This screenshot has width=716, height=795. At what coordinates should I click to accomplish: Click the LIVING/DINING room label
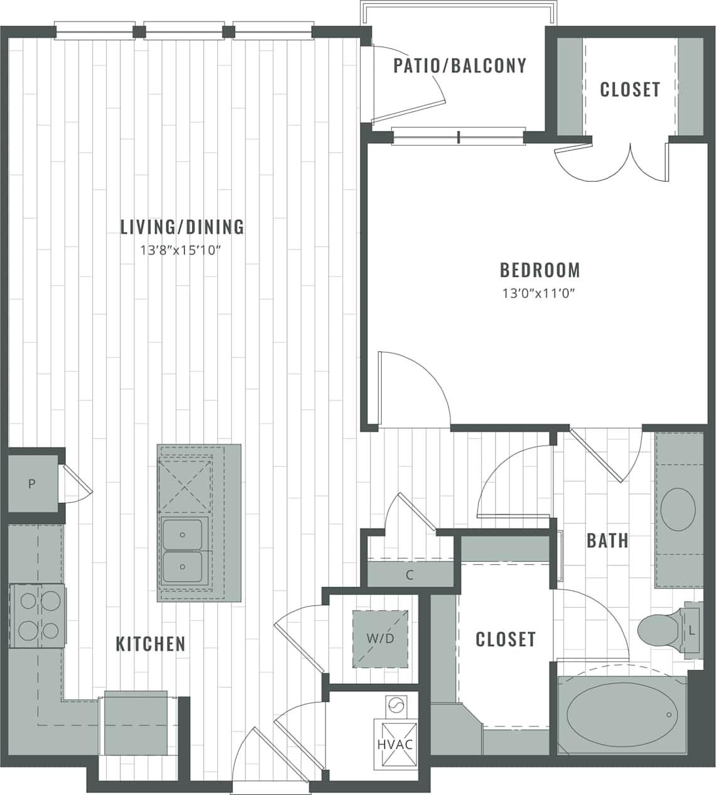click(x=182, y=227)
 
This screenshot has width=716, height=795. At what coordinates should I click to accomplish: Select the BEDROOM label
click(x=540, y=270)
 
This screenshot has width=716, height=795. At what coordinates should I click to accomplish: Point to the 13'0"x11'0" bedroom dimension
click(x=539, y=293)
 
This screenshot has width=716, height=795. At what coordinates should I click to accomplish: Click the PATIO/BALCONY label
click(x=460, y=66)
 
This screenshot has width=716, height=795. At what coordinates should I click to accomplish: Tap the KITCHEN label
click(x=151, y=644)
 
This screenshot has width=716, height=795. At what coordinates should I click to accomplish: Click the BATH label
click(x=607, y=540)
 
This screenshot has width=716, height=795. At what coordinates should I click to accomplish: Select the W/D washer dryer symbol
click(x=381, y=639)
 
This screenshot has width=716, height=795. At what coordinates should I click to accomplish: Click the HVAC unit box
click(x=395, y=744)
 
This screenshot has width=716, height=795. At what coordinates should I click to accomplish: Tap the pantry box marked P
click(x=31, y=484)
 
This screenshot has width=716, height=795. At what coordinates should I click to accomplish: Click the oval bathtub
click(x=621, y=715)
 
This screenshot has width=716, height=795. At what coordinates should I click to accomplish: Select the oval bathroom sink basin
click(x=678, y=509)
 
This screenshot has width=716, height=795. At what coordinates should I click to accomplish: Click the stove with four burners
click(x=37, y=616)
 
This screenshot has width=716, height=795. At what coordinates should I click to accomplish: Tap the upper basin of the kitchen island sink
click(x=182, y=534)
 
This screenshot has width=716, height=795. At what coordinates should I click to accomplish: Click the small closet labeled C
click(x=410, y=575)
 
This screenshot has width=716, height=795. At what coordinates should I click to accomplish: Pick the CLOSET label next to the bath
click(x=506, y=640)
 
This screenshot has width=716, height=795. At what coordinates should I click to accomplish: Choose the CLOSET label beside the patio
click(x=630, y=90)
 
